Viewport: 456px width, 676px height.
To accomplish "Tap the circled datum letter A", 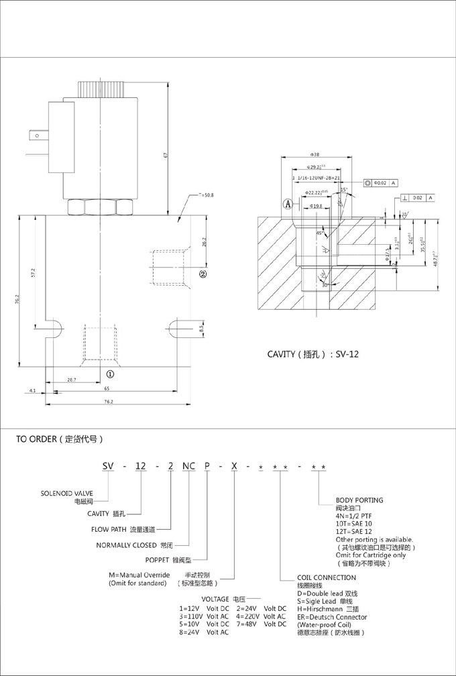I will [x=287, y=203].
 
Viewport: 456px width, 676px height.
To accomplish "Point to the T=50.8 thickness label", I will [x=206, y=195].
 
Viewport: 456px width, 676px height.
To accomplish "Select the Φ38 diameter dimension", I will [x=315, y=155].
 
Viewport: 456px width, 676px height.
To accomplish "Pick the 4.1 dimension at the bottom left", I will [x=32, y=389].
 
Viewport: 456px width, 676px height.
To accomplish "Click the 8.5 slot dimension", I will [x=201, y=329].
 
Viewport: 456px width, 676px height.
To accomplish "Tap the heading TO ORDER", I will [x=60, y=440].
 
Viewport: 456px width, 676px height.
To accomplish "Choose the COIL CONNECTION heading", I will [x=327, y=577].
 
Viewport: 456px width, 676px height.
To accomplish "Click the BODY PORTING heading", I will [x=359, y=500].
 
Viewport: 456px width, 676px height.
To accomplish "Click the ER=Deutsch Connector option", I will [x=332, y=617].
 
